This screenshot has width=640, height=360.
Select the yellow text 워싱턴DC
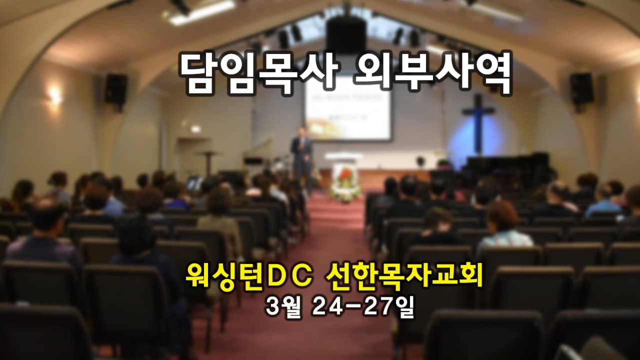(249, 276)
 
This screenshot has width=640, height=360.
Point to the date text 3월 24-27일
(340, 307)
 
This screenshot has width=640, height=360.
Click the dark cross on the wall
(478, 123)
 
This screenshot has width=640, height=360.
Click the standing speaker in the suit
(301, 160)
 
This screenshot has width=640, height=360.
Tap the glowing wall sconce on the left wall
(55, 95)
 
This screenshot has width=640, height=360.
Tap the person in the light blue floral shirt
(504, 228)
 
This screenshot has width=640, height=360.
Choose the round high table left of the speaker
(208, 163)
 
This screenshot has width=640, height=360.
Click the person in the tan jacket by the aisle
(220, 220)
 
